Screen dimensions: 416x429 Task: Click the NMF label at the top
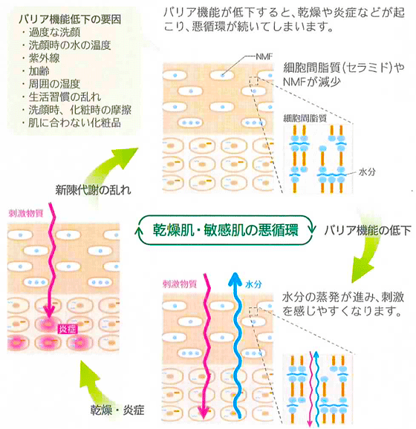pyautogui.click(x=264, y=57)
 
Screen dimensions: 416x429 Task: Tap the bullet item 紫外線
pyautogui.click(x=44, y=59)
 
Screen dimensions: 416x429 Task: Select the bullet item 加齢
pyautogui.click(x=39, y=71)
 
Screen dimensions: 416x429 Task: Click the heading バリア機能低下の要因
pyautogui.click(x=70, y=19)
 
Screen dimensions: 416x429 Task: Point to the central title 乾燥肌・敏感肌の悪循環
pyautogui.click(x=225, y=230)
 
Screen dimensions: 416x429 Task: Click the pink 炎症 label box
pyautogui.click(x=67, y=329)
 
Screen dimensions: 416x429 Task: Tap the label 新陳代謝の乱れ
pyautogui.click(x=93, y=190)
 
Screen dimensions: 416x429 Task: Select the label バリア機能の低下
pyautogui.click(x=368, y=231)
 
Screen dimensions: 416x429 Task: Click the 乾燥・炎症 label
pyautogui.click(x=117, y=410)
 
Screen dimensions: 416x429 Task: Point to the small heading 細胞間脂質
pyautogui.click(x=305, y=118)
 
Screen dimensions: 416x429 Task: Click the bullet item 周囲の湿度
pyautogui.click(x=54, y=84)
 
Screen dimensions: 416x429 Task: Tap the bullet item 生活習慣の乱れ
pyautogui.click(x=65, y=96)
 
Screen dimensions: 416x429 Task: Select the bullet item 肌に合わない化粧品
pyautogui.click(x=74, y=123)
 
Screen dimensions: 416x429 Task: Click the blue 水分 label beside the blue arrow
pyautogui.click(x=253, y=284)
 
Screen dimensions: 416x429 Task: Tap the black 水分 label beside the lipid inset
pyautogui.click(x=367, y=172)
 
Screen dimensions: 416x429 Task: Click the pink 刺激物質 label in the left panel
pyautogui.click(x=26, y=214)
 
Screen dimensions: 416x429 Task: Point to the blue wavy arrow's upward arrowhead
pyautogui.click(x=235, y=278)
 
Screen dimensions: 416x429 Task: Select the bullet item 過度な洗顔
pyautogui.click(x=54, y=33)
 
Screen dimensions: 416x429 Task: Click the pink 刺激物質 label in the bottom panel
pyautogui.click(x=180, y=284)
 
